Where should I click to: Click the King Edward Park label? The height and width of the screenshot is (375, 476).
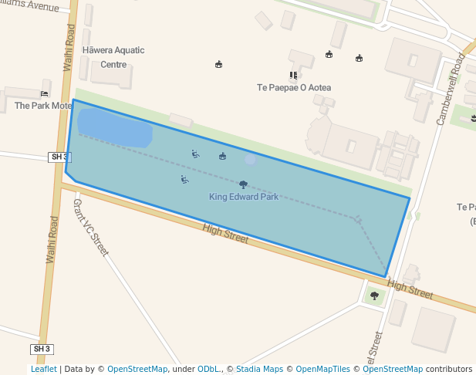244,197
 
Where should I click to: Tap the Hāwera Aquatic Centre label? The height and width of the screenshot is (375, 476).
113,57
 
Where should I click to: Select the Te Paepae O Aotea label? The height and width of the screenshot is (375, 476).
294,88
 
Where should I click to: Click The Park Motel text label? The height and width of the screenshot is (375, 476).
42,106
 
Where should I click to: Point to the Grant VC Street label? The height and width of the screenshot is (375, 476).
91,228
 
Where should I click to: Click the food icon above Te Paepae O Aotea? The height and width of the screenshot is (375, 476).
293,76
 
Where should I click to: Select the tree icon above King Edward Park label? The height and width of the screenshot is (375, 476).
244,184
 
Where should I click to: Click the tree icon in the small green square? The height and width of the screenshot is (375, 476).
375,296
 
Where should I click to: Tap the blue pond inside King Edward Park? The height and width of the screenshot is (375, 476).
114,127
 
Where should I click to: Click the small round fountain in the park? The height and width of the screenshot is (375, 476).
250,159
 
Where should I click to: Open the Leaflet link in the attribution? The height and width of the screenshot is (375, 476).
44,369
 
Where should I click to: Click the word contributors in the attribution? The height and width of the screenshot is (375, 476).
449,369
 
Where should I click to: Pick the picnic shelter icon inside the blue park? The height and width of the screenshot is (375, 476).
223,156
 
